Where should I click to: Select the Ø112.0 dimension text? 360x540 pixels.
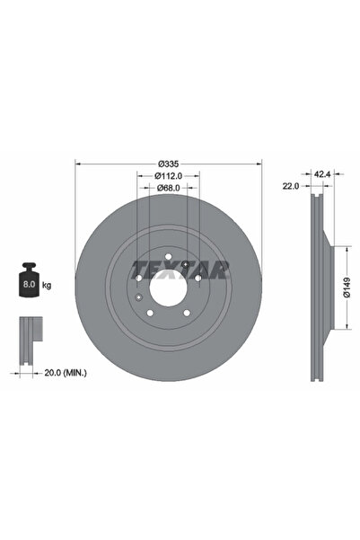pyautogui.click(x=163, y=176)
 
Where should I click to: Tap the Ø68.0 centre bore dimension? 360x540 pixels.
pyautogui.click(x=163, y=188)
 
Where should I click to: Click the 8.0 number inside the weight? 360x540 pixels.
pyautogui.click(x=29, y=284)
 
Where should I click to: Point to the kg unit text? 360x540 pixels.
pyautogui.click(x=46, y=284)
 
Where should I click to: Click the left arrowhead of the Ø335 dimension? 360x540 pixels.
pyautogui.click(x=78, y=164)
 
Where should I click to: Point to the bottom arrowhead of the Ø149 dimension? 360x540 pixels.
pyautogui.click(x=340, y=328)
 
